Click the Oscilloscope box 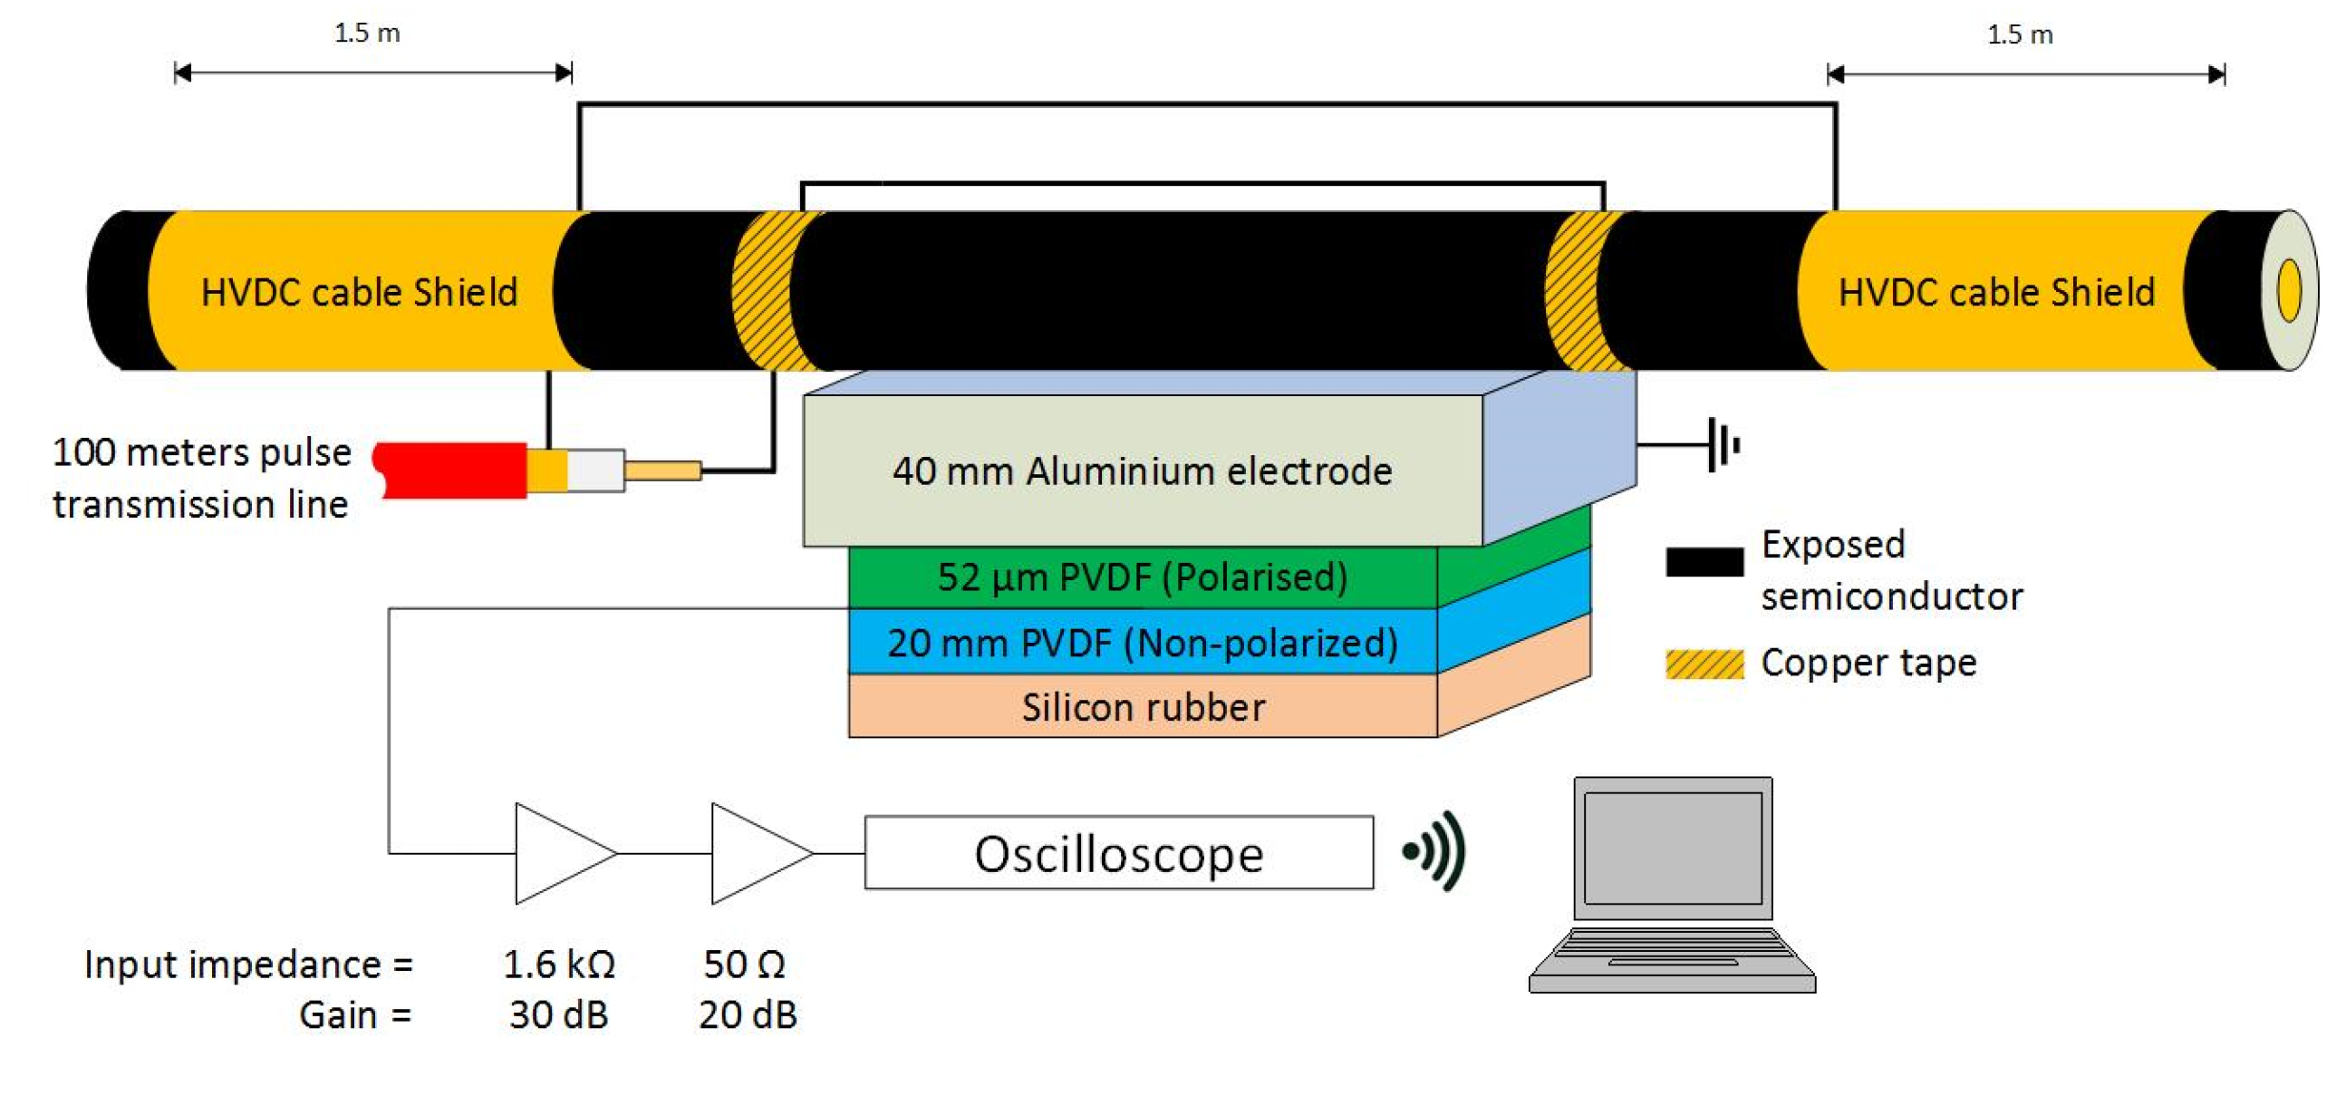click(x=1118, y=853)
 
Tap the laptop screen click(x=1673, y=848)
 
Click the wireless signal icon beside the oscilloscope click(x=1435, y=851)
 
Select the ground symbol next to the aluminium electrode click(x=1723, y=444)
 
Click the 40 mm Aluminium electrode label click(x=1142, y=471)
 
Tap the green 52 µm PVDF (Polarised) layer click(x=1142, y=577)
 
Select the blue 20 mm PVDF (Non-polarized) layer click(x=1142, y=644)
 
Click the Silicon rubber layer click(x=1142, y=707)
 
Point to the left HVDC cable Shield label click(x=359, y=293)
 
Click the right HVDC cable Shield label click(x=1996, y=293)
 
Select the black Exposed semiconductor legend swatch click(x=1704, y=561)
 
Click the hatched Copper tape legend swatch click(x=1704, y=664)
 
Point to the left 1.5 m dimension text click(x=366, y=34)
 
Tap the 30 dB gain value click(x=558, y=1015)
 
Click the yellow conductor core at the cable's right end click(x=2289, y=291)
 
